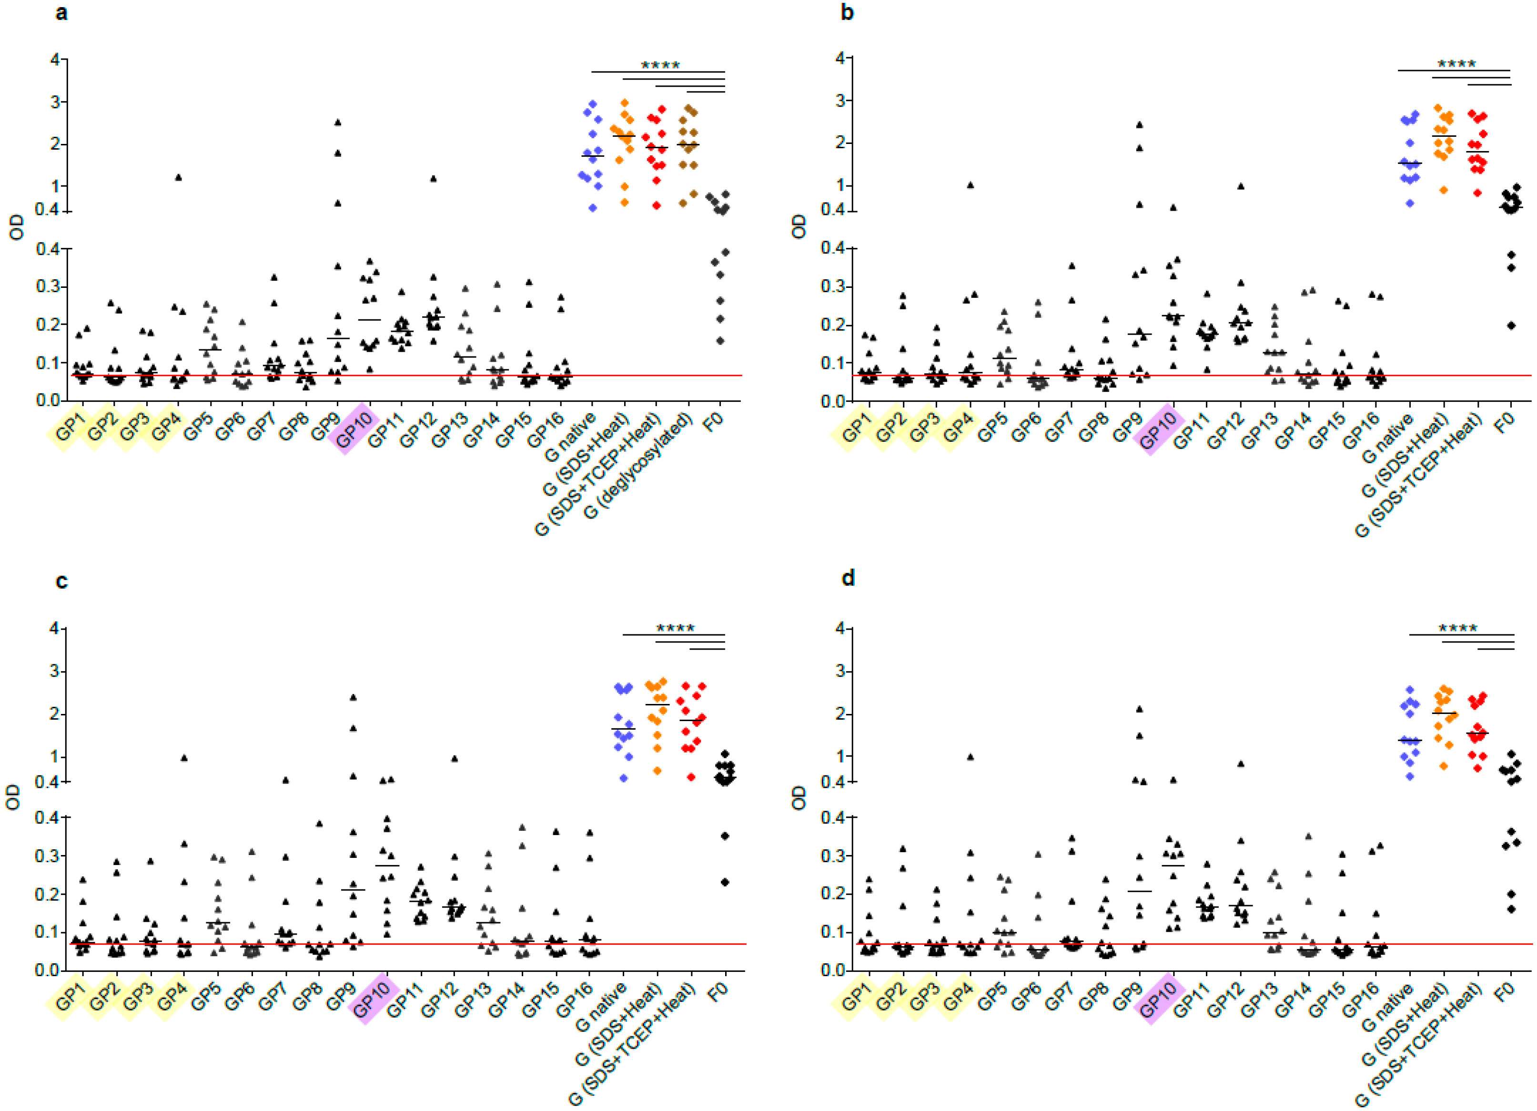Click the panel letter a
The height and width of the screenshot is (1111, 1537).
[61, 13]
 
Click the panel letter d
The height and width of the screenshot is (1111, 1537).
[848, 578]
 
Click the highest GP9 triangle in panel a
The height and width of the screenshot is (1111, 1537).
[337, 122]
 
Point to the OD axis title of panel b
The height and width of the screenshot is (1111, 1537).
[799, 226]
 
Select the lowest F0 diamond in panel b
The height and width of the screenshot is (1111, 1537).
[1511, 326]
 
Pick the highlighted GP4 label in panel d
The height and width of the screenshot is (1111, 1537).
[956, 997]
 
